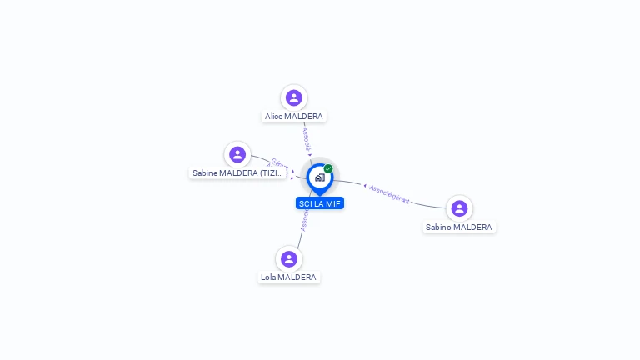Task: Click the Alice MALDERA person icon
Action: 293,97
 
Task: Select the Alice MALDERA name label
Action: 293,117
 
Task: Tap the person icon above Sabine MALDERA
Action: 237,154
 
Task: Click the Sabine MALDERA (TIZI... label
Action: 238,173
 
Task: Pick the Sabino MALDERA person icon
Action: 459,207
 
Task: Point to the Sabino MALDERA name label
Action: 459,227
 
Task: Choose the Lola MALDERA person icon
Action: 288,258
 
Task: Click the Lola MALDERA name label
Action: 288,277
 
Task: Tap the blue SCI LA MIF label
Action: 320,203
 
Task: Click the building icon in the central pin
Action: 319,177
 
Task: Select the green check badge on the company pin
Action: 328,168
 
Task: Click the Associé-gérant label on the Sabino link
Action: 389,193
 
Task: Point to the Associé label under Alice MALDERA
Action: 306,137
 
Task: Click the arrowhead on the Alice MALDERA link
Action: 310,154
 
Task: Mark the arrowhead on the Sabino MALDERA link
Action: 364,185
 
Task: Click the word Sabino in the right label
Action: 439,227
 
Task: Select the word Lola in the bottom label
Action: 268,277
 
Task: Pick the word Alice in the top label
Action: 273,117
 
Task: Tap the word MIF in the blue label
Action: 333,203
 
